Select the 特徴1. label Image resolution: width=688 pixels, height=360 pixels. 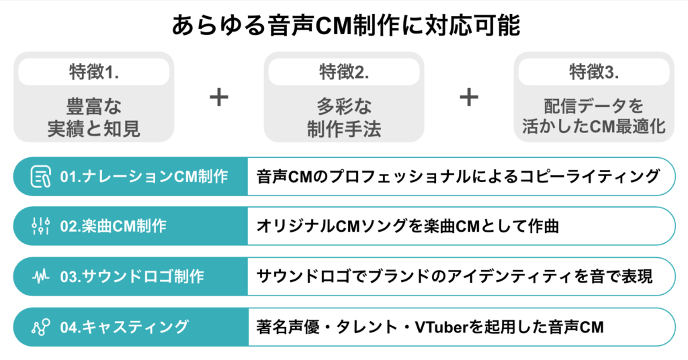tap(93, 71)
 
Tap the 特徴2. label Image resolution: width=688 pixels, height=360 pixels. tap(344, 71)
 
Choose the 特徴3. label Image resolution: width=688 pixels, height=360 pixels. tap(594, 71)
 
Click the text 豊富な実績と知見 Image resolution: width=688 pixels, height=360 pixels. tap(93, 118)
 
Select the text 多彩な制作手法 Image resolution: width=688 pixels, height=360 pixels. tap(344, 118)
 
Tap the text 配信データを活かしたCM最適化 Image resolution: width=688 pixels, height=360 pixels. tap(594, 118)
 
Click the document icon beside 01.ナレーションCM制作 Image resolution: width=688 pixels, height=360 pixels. tap(41, 177)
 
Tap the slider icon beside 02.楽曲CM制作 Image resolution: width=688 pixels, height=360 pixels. tap(41, 226)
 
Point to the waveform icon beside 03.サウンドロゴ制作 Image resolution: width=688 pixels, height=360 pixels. tap(41, 276)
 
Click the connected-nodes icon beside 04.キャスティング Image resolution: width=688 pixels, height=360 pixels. tap(41, 326)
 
